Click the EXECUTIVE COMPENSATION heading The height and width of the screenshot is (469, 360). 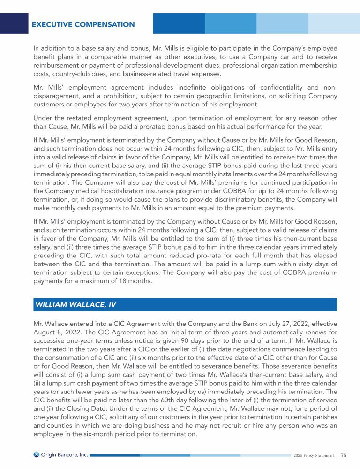[83, 24]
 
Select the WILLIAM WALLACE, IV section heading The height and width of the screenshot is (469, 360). [75, 304]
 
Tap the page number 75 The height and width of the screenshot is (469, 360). [343, 455]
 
